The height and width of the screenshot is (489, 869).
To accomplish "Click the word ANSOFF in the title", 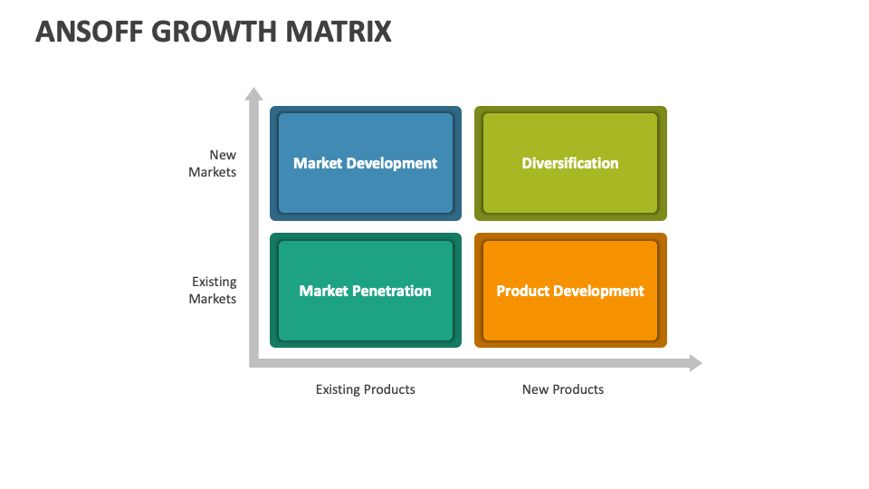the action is tap(90, 31).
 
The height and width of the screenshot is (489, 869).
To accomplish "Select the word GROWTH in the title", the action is tap(214, 31).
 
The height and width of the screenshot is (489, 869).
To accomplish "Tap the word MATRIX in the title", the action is tap(338, 31).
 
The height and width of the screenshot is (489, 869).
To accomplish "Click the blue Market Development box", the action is tap(366, 163).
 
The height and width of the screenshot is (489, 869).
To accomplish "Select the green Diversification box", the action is tap(570, 163).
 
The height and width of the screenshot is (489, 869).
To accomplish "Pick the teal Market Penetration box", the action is tap(366, 291).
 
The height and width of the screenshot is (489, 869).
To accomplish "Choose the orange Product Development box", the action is tap(570, 291).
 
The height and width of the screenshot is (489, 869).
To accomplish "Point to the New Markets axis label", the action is tap(213, 164).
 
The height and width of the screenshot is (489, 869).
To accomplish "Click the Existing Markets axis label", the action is tap(213, 290).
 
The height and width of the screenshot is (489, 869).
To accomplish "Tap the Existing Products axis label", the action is tap(365, 389).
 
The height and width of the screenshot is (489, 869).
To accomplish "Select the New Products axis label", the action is tap(562, 389).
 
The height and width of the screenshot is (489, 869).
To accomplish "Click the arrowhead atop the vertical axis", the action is tap(253, 93).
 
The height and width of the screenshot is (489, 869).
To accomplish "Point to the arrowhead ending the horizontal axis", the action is tap(696, 363).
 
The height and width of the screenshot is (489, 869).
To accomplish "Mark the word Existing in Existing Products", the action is tap(338, 389).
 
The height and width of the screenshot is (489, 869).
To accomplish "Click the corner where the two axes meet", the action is tap(253, 363).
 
